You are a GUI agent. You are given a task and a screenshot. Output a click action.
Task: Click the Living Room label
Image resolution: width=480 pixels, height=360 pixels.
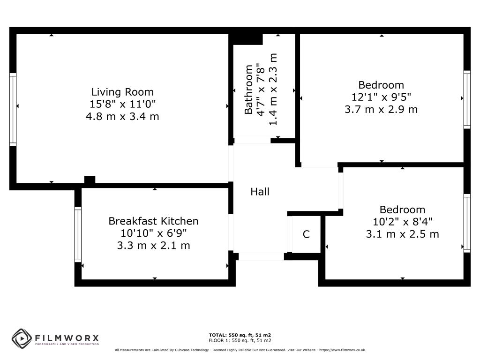click(122, 92)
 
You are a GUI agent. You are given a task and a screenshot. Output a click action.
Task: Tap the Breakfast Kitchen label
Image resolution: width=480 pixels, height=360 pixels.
click(153, 221)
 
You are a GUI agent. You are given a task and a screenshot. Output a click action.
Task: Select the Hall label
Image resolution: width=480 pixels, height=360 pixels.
click(260, 192)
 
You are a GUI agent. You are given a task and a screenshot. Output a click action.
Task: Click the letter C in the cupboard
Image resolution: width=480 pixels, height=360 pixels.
click(306, 234)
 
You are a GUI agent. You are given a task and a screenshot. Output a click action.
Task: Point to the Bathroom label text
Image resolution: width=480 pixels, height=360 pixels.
click(248, 90)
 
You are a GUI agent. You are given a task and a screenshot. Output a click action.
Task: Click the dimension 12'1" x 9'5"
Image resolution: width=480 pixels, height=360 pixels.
click(381, 97)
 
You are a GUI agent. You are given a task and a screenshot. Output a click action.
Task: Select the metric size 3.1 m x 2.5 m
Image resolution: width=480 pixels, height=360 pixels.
click(403, 234)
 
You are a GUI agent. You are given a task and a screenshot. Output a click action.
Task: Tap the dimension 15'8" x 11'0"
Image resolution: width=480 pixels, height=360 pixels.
click(122, 104)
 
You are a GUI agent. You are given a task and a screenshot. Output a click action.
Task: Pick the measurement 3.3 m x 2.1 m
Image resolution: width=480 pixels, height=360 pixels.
click(153, 246)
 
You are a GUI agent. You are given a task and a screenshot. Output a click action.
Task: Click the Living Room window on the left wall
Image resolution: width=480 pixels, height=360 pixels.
click(13, 109)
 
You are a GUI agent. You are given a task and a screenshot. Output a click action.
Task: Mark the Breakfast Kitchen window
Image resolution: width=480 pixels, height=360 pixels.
click(78, 234)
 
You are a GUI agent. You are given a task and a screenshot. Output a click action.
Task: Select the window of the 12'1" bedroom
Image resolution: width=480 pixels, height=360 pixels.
click(467, 99)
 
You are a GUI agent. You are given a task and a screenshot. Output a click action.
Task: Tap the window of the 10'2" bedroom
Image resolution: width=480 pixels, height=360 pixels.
click(467, 223)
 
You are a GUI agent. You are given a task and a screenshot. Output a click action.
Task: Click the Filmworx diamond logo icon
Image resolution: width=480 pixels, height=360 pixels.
click(22, 339)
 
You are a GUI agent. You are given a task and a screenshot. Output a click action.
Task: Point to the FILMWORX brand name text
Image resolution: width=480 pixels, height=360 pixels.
click(67, 338)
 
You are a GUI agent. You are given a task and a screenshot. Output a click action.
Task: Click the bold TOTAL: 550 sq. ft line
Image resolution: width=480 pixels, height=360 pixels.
click(240, 335)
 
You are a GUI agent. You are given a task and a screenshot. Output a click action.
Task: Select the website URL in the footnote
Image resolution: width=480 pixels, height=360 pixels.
click(342, 350)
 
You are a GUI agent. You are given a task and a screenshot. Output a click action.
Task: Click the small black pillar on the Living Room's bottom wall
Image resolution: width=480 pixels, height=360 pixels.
click(90, 180)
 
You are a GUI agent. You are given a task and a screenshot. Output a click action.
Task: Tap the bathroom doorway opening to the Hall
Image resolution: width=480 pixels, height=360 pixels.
click(253, 141)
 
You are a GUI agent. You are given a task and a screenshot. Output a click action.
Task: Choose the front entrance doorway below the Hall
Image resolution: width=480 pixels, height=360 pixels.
click(261, 256)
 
